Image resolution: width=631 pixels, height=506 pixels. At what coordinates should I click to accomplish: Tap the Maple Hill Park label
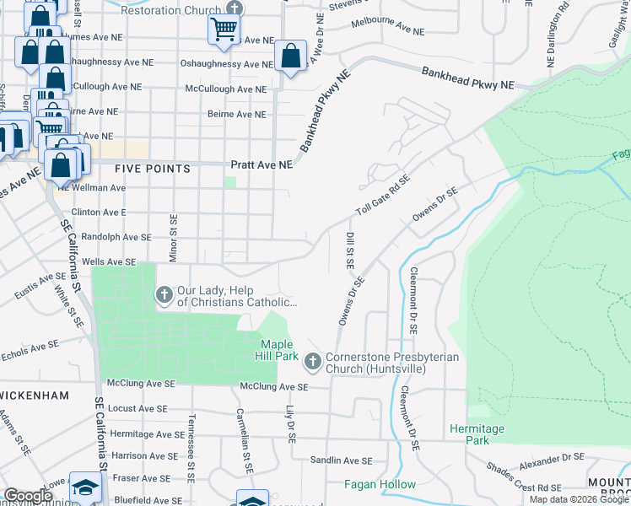pos(277,350)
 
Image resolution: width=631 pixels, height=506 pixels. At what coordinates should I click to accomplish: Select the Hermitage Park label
pos(477,434)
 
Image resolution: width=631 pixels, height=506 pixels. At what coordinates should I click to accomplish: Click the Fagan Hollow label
pos(380,484)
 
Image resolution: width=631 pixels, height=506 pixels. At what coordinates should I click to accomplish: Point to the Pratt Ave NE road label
pos(262,165)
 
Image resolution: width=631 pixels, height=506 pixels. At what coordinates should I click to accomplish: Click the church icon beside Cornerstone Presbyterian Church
pos(312,362)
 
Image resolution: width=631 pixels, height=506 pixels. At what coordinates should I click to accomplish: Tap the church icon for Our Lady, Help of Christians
pos(164,294)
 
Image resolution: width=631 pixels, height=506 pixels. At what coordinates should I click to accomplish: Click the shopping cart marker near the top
pos(224,30)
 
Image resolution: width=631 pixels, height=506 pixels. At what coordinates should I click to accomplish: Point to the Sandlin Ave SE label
pos(341,460)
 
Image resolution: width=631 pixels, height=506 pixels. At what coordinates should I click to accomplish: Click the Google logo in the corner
pos(28,496)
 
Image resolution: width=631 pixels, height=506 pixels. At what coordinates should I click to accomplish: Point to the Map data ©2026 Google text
pos(579,499)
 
